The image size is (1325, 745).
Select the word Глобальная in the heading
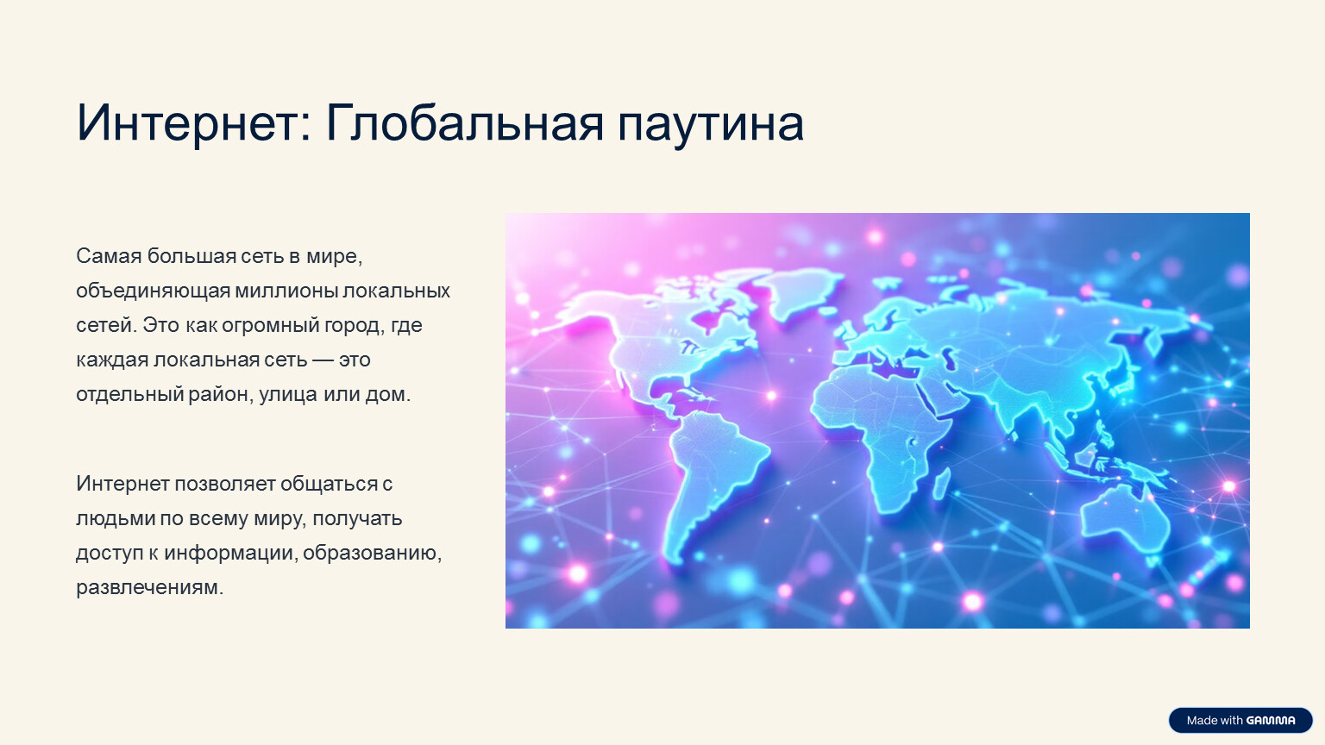464,123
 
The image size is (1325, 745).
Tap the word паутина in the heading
711,126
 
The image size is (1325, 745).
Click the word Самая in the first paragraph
109,256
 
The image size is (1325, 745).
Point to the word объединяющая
153,291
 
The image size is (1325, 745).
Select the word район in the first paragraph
220,394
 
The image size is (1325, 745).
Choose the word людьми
116,519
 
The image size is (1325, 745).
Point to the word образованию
372,553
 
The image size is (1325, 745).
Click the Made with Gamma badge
1240,720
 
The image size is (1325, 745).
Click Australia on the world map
1124,520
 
